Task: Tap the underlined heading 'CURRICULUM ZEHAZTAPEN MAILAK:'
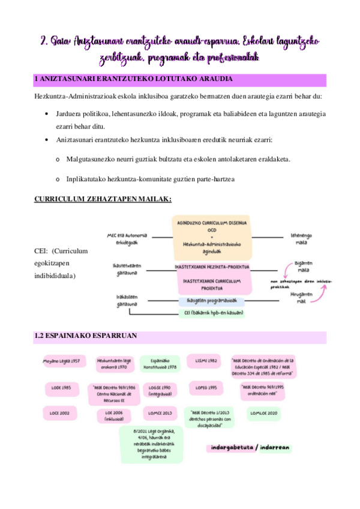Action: tap(104, 199)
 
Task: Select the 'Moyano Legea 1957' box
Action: tap(62, 363)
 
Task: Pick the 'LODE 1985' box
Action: tap(62, 388)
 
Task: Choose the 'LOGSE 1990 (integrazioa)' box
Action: tap(160, 391)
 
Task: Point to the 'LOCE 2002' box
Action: tap(61, 414)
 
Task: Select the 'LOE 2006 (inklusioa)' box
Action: tap(114, 416)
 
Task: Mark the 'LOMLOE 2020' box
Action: tap(263, 414)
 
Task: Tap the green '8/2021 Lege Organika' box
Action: tap(151, 445)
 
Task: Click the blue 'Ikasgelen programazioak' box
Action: tap(212, 301)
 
